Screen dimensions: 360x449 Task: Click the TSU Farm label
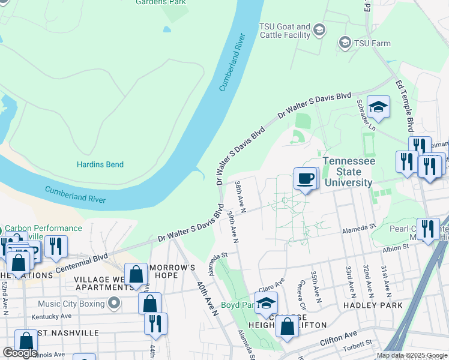372,43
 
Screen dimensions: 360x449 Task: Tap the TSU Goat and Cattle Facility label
285,31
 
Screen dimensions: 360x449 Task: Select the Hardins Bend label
100,164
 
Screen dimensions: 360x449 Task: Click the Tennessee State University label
349,172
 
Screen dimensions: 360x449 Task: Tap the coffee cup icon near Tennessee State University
306,178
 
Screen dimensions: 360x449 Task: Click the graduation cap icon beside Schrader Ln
379,107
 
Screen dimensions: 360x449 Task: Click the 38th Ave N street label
241,194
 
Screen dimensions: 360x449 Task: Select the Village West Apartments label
103,283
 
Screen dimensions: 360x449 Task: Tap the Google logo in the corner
20,352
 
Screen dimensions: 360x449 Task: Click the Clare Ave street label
271,284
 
